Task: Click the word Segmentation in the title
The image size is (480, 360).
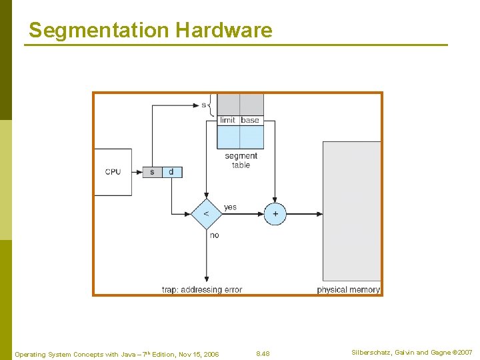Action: [99, 31]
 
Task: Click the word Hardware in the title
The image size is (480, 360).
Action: [224, 31]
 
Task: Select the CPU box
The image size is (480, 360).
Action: [113, 172]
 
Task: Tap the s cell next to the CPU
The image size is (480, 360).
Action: [152, 172]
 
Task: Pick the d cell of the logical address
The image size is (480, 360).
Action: [171, 172]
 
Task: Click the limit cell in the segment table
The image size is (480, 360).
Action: [227, 120]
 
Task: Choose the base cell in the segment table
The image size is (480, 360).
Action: [251, 120]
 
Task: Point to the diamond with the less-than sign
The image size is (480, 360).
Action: [206, 214]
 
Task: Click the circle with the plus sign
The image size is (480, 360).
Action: [275, 214]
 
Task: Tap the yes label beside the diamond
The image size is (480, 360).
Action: [230, 207]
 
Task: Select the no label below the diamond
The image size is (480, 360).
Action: [214, 235]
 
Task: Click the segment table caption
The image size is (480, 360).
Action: [241, 161]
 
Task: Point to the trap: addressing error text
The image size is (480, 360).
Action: [202, 290]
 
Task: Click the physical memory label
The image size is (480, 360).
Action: [348, 290]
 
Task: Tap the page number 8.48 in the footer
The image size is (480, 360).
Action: [263, 353]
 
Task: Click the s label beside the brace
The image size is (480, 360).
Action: [203, 105]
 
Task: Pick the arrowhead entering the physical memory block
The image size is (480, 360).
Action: [319, 214]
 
